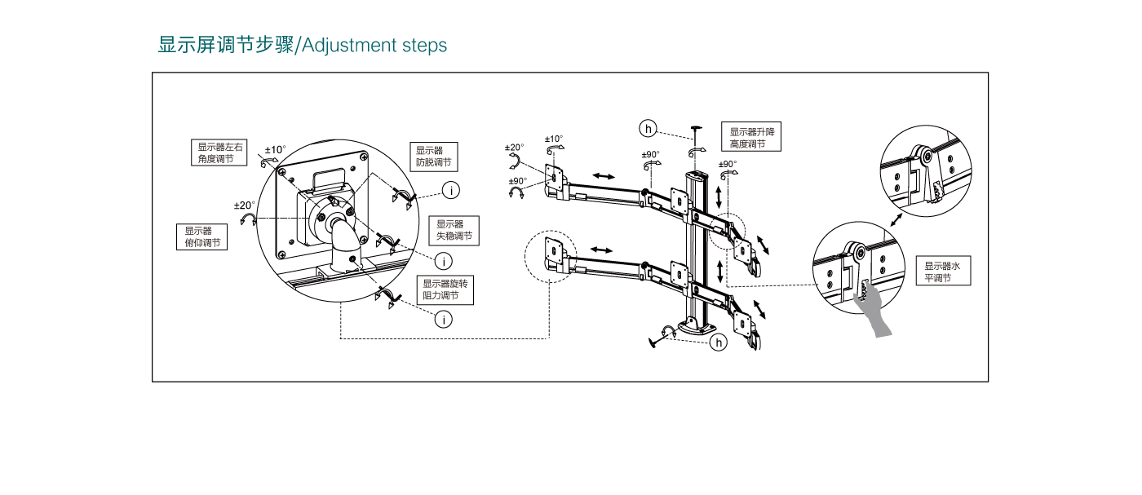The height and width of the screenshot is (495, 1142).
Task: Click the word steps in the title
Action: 425,46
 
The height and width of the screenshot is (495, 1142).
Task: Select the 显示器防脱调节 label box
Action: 433,156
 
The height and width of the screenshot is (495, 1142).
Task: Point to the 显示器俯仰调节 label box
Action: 201,236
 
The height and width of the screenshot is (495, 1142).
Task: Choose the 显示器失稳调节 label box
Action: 454,230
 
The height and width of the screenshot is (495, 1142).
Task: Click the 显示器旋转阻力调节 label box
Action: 445,289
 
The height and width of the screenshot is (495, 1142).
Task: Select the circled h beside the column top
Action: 648,128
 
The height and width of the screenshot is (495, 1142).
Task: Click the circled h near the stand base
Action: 718,343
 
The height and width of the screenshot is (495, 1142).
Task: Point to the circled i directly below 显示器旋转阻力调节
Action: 443,320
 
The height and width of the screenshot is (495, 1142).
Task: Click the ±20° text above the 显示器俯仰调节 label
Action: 245,205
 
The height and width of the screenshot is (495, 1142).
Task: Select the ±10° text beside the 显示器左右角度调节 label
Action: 276,149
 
